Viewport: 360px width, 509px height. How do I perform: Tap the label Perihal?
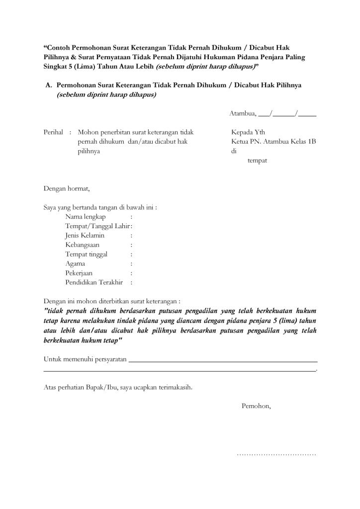pos(53,133)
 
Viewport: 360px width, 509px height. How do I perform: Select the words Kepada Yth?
pos(248,133)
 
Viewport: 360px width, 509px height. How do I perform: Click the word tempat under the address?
pos(258,161)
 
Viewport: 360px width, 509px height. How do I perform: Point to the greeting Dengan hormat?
pos(67,188)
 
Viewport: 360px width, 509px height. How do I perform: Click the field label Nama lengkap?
pos(85,217)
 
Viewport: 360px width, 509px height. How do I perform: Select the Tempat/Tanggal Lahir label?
pos(97,226)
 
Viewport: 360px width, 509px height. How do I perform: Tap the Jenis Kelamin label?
pos(85,236)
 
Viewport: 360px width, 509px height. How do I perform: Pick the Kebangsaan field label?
pos(82,245)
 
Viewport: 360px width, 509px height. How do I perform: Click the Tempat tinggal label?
pos(86,254)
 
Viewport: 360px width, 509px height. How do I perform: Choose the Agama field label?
pos(75,264)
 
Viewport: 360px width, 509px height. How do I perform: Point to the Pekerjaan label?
pos(79,273)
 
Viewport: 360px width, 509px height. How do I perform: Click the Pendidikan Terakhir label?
pos(93,282)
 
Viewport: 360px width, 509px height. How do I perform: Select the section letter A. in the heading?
pos(49,85)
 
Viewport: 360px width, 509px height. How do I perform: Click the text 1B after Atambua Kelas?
pos(312,142)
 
